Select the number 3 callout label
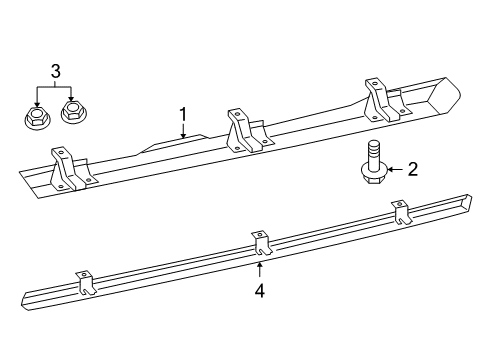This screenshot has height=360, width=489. [x=54, y=70]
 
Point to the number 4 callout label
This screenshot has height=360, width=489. [x=259, y=292]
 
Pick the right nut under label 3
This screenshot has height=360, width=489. [x=72, y=113]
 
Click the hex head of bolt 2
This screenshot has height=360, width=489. [x=372, y=176]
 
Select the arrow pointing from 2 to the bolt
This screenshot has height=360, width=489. [x=394, y=170]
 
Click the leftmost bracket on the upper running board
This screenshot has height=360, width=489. [x=69, y=168]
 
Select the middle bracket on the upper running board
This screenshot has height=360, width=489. [x=245, y=129]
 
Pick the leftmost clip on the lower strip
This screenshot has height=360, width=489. [x=85, y=284]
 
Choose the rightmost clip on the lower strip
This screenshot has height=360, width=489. [x=403, y=215]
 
